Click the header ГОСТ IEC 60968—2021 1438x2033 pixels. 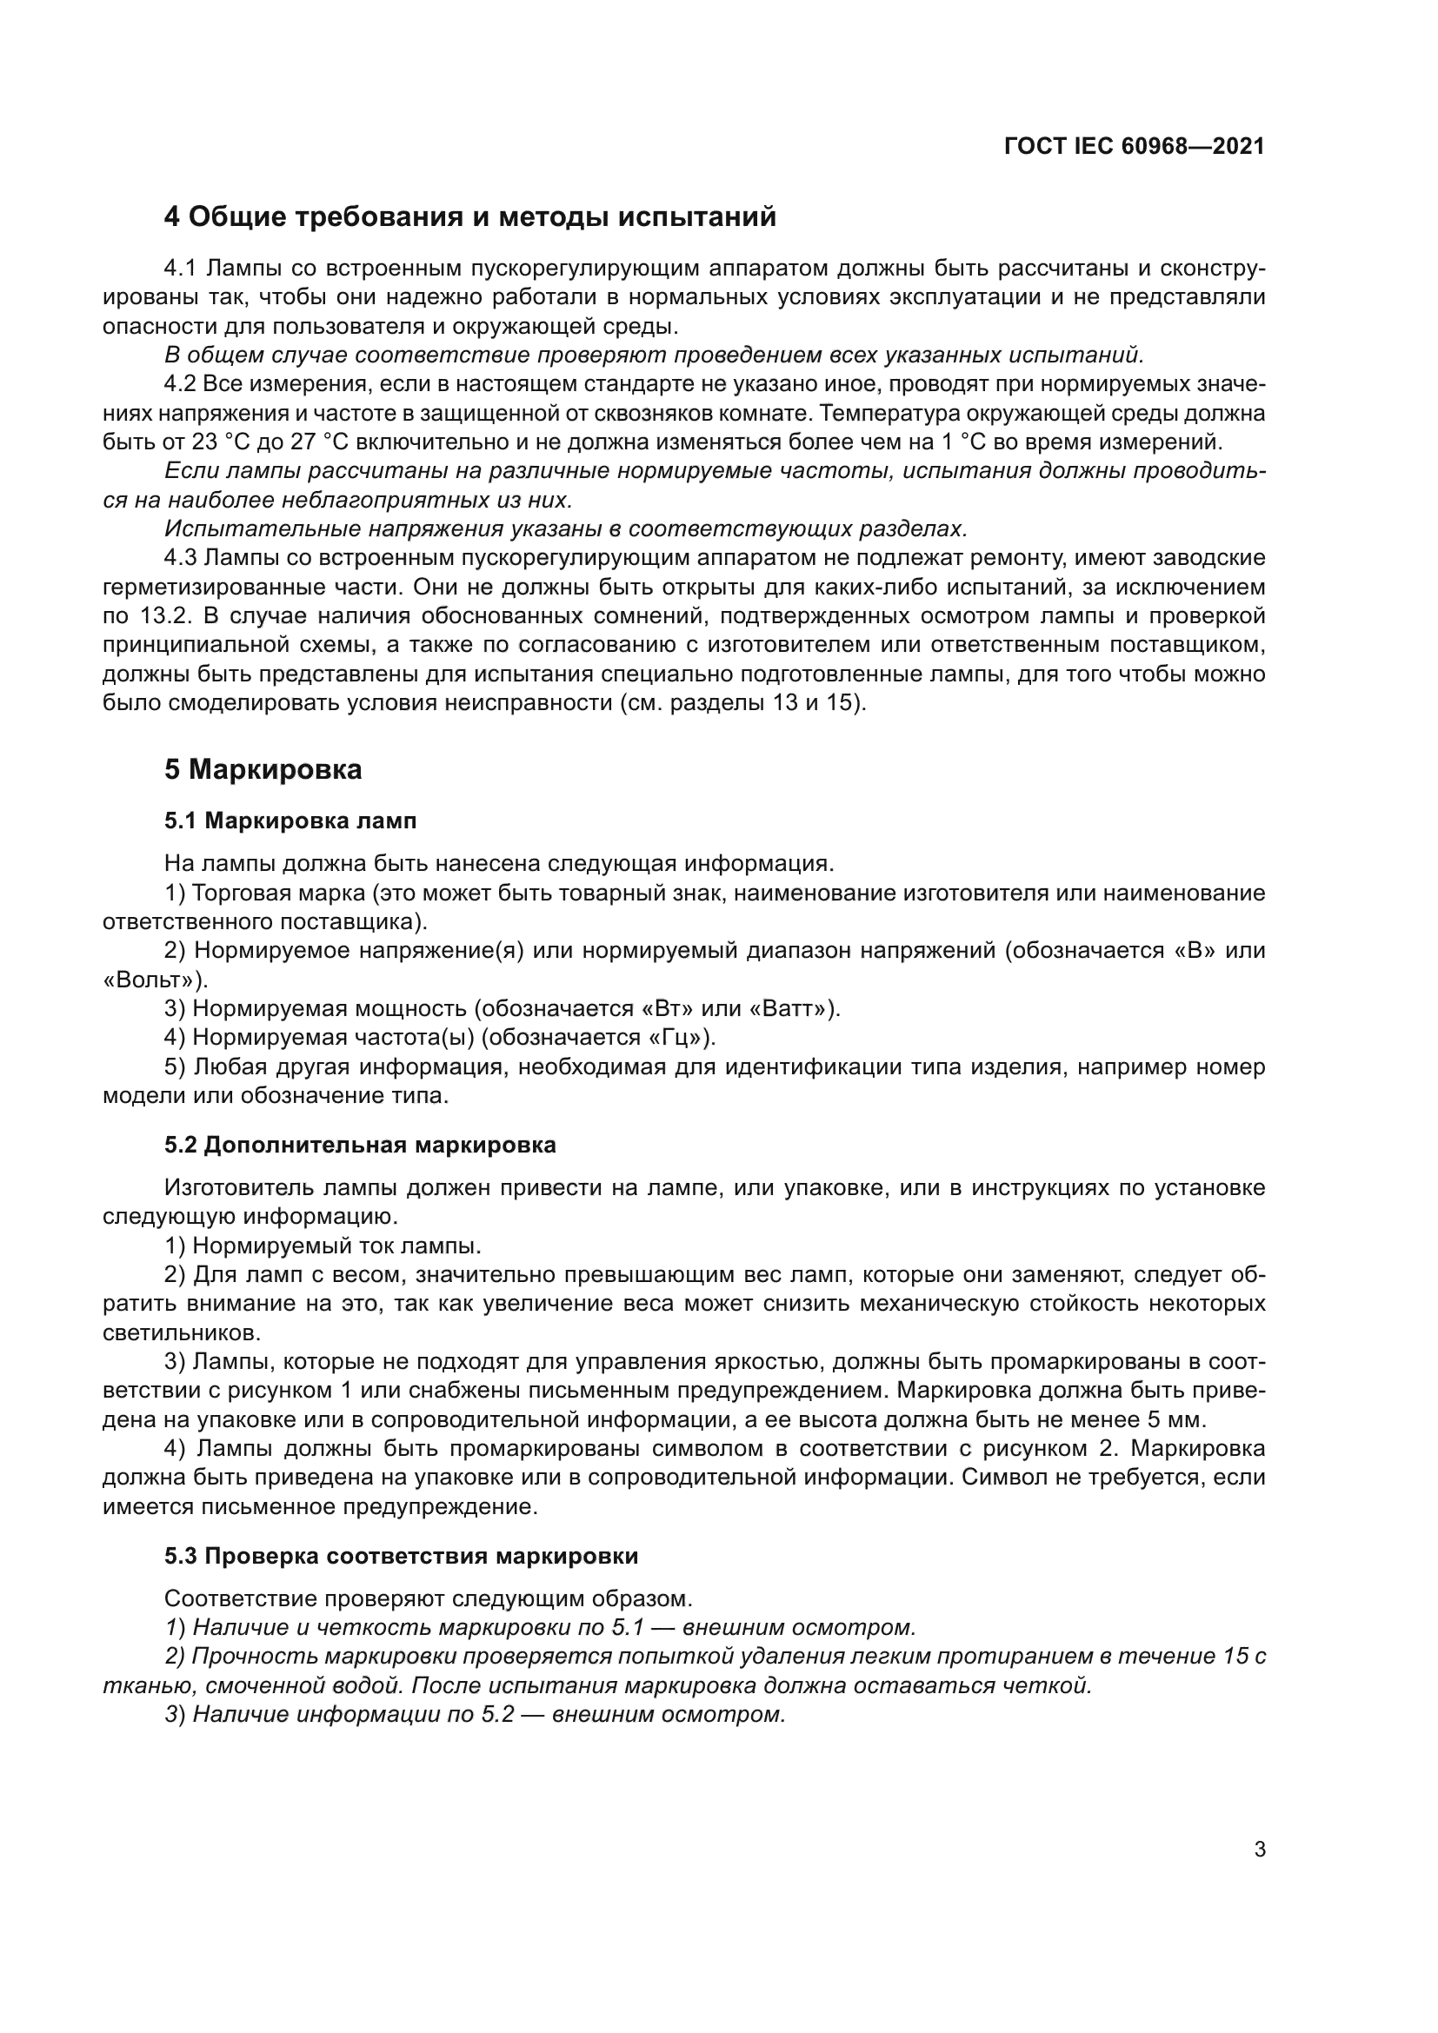[1135, 147]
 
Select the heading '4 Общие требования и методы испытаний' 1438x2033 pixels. [470, 216]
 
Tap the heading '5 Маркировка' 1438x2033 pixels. [263, 769]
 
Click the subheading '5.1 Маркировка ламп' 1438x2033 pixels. [290, 821]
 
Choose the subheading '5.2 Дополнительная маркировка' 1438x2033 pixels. [361, 1145]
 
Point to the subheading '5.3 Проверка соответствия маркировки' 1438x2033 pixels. [401, 1556]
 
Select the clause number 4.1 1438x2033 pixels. [183, 269]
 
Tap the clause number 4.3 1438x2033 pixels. [182, 558]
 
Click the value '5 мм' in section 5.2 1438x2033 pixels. [1177, 1420]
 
